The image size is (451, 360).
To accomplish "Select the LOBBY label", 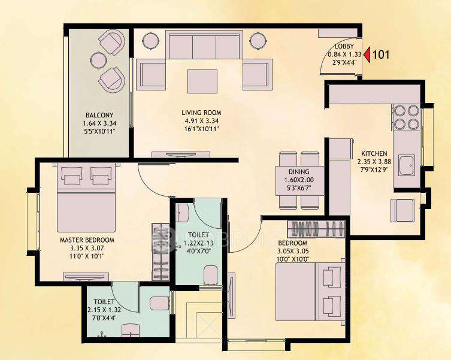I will (x=344, y=46).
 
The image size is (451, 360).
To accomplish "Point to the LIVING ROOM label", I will (x=202, y=112).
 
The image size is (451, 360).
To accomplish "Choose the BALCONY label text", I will (x=99, y=115).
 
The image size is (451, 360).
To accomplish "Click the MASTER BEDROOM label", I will (x=87, y=240).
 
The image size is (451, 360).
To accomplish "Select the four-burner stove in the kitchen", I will (x=405, y=117).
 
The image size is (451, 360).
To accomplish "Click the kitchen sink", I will (x=407, y=166).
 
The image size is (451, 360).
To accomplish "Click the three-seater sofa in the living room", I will (x=203, y=46).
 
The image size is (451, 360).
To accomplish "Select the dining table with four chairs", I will (x=301, y=180).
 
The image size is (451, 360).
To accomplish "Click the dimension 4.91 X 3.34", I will (x=202, y=120).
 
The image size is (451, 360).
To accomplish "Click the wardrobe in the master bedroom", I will (x=161, y=252).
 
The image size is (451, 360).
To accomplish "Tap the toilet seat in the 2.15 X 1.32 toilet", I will (x=159, y=303).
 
